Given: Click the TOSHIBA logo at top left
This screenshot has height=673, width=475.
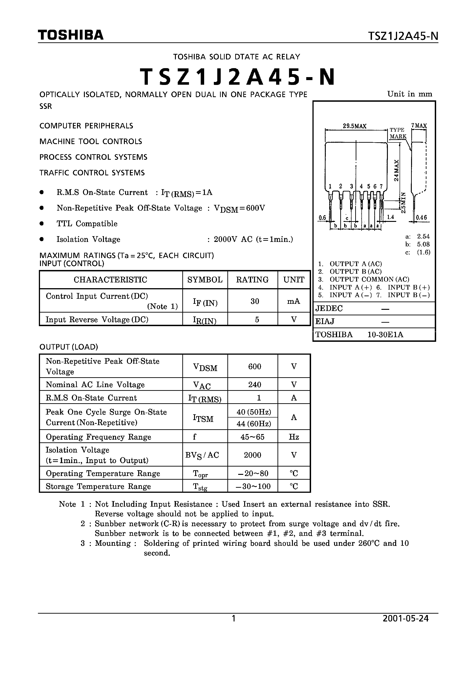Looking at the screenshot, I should point(71,35).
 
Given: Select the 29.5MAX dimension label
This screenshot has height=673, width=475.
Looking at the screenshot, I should point(355,126).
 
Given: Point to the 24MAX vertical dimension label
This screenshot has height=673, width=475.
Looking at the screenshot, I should point(396,170).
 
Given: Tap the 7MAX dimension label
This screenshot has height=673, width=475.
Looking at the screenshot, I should point(419,125).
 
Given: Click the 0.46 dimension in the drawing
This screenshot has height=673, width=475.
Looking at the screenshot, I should point(421,218).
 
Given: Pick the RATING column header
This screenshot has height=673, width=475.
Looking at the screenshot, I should point(252,280).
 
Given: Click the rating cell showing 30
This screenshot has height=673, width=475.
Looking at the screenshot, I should point(255,301).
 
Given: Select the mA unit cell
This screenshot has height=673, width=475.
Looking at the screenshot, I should point(293,301).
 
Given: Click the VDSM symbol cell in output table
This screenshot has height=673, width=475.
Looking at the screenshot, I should point(205,367).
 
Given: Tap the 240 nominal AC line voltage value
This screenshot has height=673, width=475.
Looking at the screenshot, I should point(255,385).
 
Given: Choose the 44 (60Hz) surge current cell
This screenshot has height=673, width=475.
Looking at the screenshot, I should point(254,424).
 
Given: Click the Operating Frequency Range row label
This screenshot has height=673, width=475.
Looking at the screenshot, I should point(98,437).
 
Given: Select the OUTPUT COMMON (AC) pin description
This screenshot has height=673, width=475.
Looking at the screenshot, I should point(369,279).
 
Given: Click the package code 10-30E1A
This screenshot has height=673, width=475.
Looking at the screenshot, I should point(385,334).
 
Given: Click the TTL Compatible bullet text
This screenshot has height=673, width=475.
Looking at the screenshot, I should point(87,224).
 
